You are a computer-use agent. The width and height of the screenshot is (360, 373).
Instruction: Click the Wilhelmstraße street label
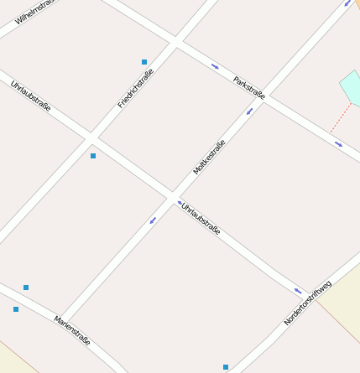33,12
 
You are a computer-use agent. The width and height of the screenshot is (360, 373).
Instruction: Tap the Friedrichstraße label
136,90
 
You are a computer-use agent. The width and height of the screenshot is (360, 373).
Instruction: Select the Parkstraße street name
249,88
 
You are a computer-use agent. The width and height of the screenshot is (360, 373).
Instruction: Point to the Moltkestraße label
210,157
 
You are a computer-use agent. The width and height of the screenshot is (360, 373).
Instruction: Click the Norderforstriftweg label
308,303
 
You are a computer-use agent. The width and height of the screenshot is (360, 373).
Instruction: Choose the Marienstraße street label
72,329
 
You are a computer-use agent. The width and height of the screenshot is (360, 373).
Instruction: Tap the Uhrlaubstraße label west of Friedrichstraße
31,96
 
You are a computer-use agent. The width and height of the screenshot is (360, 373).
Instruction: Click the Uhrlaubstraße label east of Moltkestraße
201,217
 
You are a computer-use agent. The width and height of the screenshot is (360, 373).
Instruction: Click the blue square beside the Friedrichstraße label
144,62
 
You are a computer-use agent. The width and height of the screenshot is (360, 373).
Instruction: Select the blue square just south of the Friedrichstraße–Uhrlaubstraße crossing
93,156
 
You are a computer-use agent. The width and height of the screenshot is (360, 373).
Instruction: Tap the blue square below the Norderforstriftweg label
226,367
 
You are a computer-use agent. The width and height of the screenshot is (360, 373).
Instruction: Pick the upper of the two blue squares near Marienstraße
26,288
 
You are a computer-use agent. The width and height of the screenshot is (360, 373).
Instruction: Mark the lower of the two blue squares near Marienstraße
16,309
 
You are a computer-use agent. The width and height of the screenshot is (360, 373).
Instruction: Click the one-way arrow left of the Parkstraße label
216,66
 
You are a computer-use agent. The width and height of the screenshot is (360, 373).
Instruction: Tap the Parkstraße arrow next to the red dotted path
338,144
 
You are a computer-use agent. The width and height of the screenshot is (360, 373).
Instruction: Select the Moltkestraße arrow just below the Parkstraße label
249,111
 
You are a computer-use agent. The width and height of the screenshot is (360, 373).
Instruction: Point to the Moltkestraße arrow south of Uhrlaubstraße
153,220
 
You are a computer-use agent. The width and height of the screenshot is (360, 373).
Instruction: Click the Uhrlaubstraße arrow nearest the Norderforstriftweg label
298,291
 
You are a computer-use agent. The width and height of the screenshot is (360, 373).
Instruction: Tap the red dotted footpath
340,117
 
